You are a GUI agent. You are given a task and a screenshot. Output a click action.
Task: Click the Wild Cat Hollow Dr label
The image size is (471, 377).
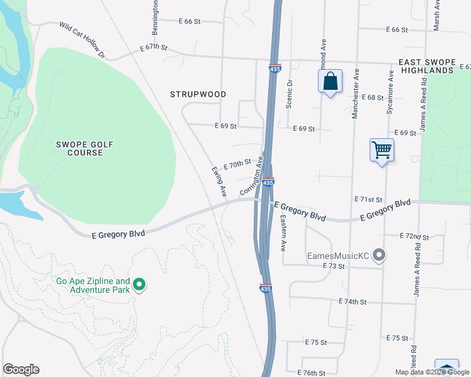pyautogui.click(x=82, y=40)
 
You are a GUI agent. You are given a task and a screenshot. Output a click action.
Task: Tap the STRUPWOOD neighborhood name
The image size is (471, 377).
pyautogui.click(x=198, y=94)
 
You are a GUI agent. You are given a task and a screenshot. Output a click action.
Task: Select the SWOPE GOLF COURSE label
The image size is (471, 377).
pyautogui.click(x=84, y=149)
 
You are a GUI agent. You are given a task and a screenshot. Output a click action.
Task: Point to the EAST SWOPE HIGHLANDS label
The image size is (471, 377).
pyautogui.click(x=426, y=67)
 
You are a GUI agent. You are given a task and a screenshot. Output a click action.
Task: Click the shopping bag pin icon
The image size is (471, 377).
pyautogui.click(x=330, y=82)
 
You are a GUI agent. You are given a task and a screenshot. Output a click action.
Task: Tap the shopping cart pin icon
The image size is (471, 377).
pyautogui.click(x=382, y=151)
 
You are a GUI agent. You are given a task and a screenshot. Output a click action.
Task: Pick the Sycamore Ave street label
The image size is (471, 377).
pyautogui.click(x=391, y=92)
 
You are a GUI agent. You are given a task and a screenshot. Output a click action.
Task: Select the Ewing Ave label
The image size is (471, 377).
pyautogui.click(x=218, y=182)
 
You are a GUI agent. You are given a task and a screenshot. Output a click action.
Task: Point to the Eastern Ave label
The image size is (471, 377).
pyautogui.click(x=283, y=232)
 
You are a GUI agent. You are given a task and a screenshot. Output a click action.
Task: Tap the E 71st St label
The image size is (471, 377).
pyautogui.click(x=368, y=199)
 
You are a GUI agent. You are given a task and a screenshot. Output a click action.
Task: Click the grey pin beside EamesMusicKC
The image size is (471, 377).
pyautogui.click(x=379, y=256)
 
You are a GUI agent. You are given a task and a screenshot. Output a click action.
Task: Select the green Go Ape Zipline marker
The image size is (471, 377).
pyautogui.click(x=139, y=286)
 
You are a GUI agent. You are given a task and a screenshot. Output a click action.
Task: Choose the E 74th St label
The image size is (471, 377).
pyautogui.click(x=352, y=302)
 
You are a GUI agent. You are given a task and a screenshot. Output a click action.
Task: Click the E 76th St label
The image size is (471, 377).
pyautogui.click(x=309, y=373)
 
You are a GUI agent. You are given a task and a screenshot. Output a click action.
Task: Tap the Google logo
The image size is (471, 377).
pyautogui.click(x=21, y=369)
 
